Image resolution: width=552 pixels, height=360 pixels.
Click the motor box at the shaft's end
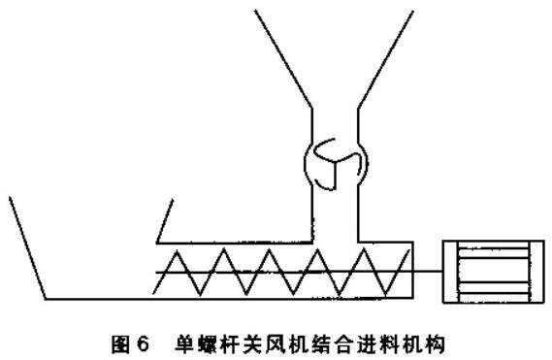[x=488, y=272]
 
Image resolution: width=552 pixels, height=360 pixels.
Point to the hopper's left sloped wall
[x=283, y=58]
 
